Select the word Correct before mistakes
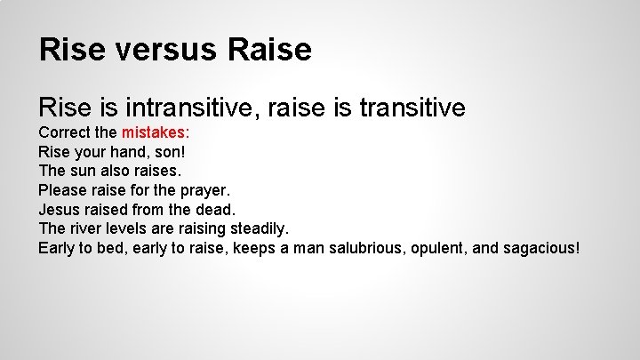[x=65, y=132]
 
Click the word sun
[x=84, y=171]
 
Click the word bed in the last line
[x=112, y=247]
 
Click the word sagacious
[x=542, y=247]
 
